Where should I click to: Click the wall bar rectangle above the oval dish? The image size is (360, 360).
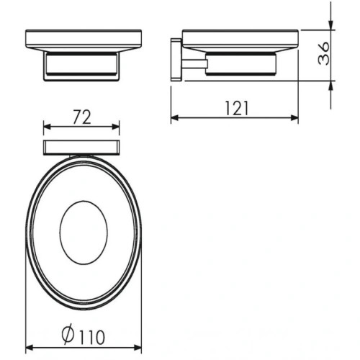[x=81, y=148]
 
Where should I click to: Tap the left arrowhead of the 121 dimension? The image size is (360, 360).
[x=175, y=120]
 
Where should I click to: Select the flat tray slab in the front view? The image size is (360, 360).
[x=81, y=40]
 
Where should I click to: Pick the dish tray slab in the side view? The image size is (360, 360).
[x=240, y=40]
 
